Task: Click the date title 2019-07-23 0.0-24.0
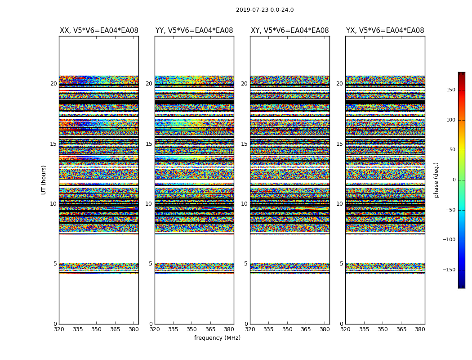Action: click(x=265, y=10)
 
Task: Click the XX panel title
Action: click(x=99, y=31)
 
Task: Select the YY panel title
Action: click(x=194, y=31)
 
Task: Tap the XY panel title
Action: click(x=289, y=31)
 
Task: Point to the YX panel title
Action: click(x=385, y=31)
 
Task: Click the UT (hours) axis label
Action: click(x=44, y=180)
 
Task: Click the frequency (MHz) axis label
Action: click(x=217, y=338)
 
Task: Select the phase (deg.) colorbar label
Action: click(x=436, y=180)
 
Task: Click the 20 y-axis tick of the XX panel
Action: click(x=53, y=84)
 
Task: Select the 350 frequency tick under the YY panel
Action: click(x=191, y=329)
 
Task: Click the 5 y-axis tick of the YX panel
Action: click(x=341, y=264)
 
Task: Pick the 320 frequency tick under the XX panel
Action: click(x=59, y=329)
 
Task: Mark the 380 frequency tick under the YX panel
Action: click(x=420, y=329)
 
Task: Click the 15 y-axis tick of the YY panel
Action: click(x=149, y=144)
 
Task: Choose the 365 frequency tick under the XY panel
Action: click(x=306, y=329)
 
